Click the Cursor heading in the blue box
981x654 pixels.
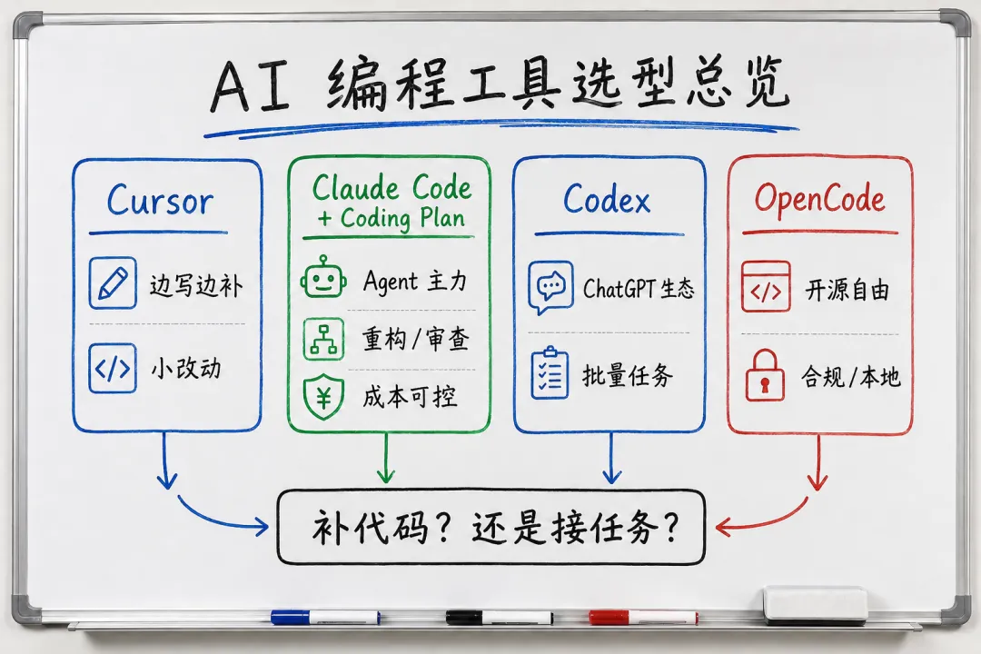[x=160, y=201]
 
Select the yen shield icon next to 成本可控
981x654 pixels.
[x=323, y=397]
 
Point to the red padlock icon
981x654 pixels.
[x=765, y=375]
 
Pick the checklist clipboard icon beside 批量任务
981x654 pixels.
[x=550, y=373]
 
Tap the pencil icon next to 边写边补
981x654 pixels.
[x=113, y=282]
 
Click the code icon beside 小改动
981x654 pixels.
[x=113, y=369]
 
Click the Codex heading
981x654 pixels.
[x=607, y=200]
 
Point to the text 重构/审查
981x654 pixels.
[x=416, y=339]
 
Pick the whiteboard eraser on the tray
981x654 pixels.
[x=816, y=604]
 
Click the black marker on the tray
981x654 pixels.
[x=499, y=618]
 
